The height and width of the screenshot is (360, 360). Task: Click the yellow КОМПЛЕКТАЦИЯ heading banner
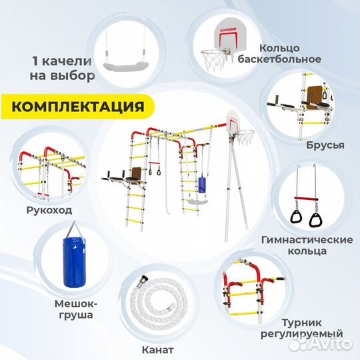point(77,107)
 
